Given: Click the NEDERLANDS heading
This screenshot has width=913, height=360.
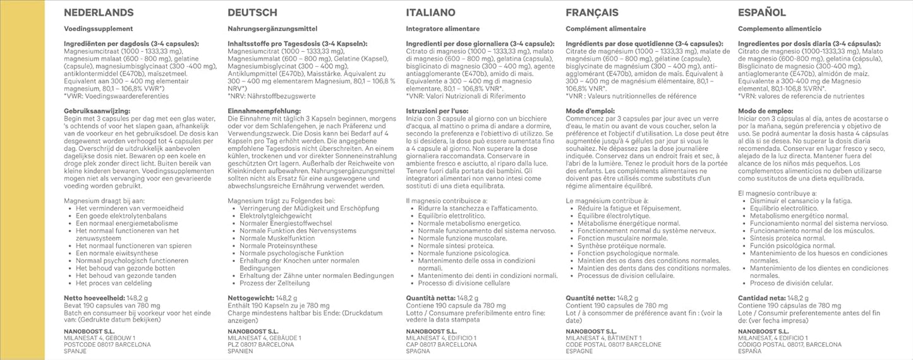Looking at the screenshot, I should tap(99, 13).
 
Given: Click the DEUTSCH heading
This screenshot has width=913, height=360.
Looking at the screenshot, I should tap(252, 13).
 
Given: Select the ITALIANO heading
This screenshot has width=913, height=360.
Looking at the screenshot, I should tap(432, 13).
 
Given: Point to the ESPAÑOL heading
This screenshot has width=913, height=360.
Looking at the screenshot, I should tap(762, 13).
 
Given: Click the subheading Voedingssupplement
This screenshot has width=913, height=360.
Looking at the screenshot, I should tap(99, 29).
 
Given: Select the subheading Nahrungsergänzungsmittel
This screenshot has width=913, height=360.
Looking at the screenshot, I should tap(270, 29).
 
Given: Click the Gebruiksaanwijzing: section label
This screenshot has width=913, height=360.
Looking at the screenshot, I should tap(97, 111).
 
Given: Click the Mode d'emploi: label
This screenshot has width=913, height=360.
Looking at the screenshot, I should tap(591, 111).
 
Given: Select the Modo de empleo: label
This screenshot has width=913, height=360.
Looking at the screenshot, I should tap(766, 111).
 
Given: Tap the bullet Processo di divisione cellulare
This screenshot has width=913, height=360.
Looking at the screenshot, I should tap(464, 284).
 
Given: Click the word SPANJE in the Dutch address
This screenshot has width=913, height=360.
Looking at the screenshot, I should tap(77, 352).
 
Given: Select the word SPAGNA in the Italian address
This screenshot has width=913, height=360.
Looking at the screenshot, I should tap(419, 352).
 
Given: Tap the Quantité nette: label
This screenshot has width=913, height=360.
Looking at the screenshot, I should tap(590, 298).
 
